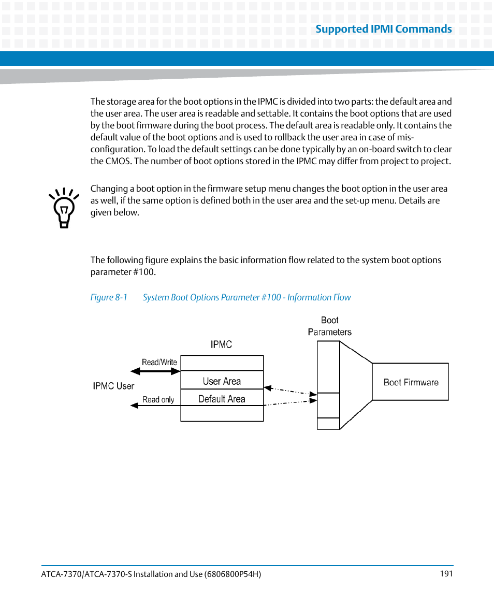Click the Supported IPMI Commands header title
[383, 29]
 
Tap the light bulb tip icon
[64, 208]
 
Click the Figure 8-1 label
[109, 297]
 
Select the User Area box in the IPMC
[222, 381]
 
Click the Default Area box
[222, 399]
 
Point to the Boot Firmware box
[411, 382]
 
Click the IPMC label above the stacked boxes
[221, 344]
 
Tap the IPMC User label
[113, 386]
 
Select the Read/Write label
[159, 362]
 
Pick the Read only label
[158, 399]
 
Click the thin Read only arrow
[155, 406]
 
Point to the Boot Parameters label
[329, 326]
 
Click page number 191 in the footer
[446, 573]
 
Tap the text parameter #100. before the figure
[123, 272]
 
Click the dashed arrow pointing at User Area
[290, 390]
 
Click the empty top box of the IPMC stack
[222, 363]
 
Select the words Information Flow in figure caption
[319, 297]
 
